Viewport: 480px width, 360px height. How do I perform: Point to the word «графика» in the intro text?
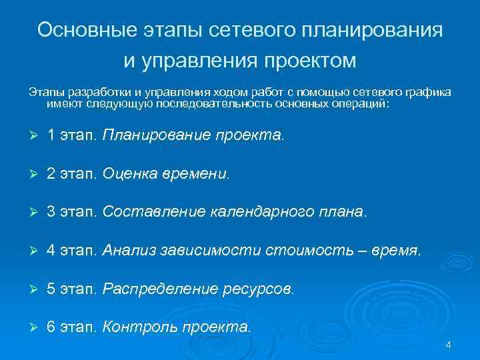coord(427,91)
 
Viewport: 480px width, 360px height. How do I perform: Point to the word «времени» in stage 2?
coord(198,174)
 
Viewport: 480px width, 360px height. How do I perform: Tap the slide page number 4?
coord(448,345)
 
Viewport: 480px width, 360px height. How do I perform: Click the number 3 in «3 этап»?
coord(51,213)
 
